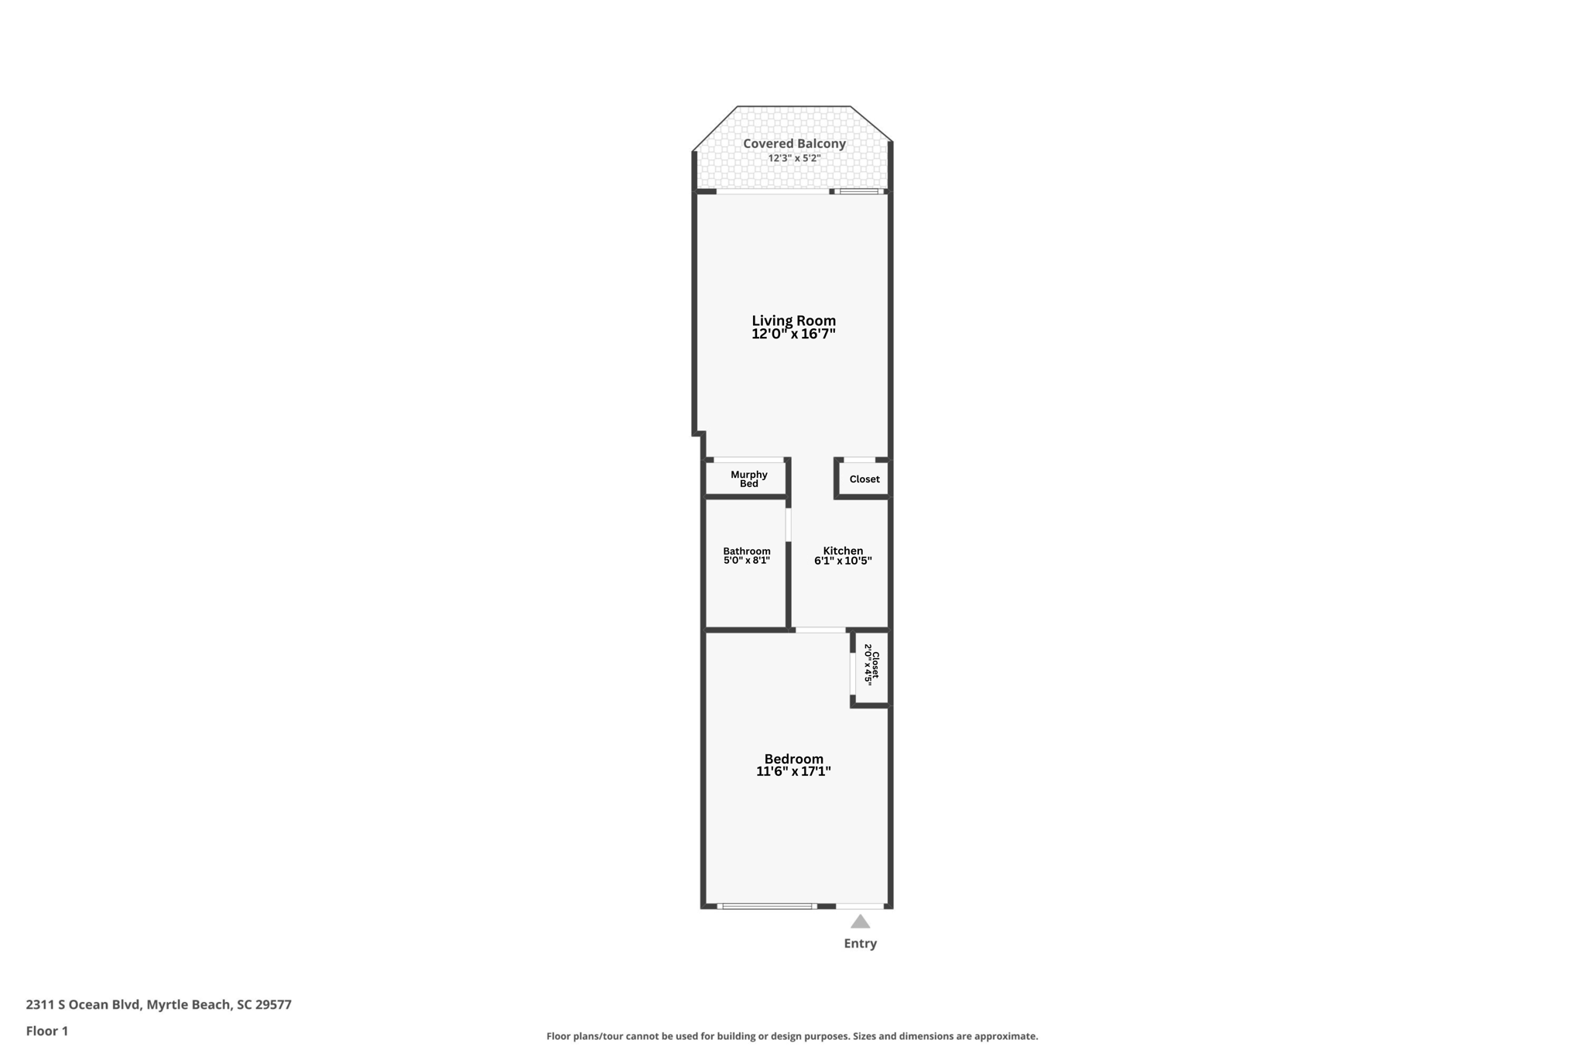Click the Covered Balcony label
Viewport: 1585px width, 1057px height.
click(x=794, y=143)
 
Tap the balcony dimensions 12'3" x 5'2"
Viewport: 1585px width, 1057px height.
click(x=794, y=158)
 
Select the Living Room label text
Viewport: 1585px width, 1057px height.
click(x=793, y=320)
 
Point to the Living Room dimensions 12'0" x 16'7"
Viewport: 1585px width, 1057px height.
click(x=793, y=335)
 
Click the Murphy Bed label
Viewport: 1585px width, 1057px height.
click(x=748, y=479)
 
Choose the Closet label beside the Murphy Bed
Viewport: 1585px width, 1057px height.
click(x=864, y=479)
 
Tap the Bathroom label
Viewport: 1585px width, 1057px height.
click(x=746, y=551)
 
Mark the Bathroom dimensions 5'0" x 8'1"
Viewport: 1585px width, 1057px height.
click(x=746, y=561)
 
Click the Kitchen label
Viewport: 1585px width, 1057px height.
click(x=843, y=551)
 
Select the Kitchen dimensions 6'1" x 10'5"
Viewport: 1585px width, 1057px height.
click(x=843, y=561)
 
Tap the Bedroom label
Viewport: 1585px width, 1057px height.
click(x=793, y=758)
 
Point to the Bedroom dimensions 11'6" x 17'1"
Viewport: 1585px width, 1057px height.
click(x=793, y=771)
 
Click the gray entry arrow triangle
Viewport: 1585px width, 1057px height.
click(x=860, y=921)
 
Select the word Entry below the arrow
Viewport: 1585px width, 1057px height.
click(x=860, y=943)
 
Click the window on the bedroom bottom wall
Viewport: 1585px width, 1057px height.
click(x=766, y=905)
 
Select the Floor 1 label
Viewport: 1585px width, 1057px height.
click(x=47, y=1031)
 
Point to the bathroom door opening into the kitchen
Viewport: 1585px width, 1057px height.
click(x=789, y=524)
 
